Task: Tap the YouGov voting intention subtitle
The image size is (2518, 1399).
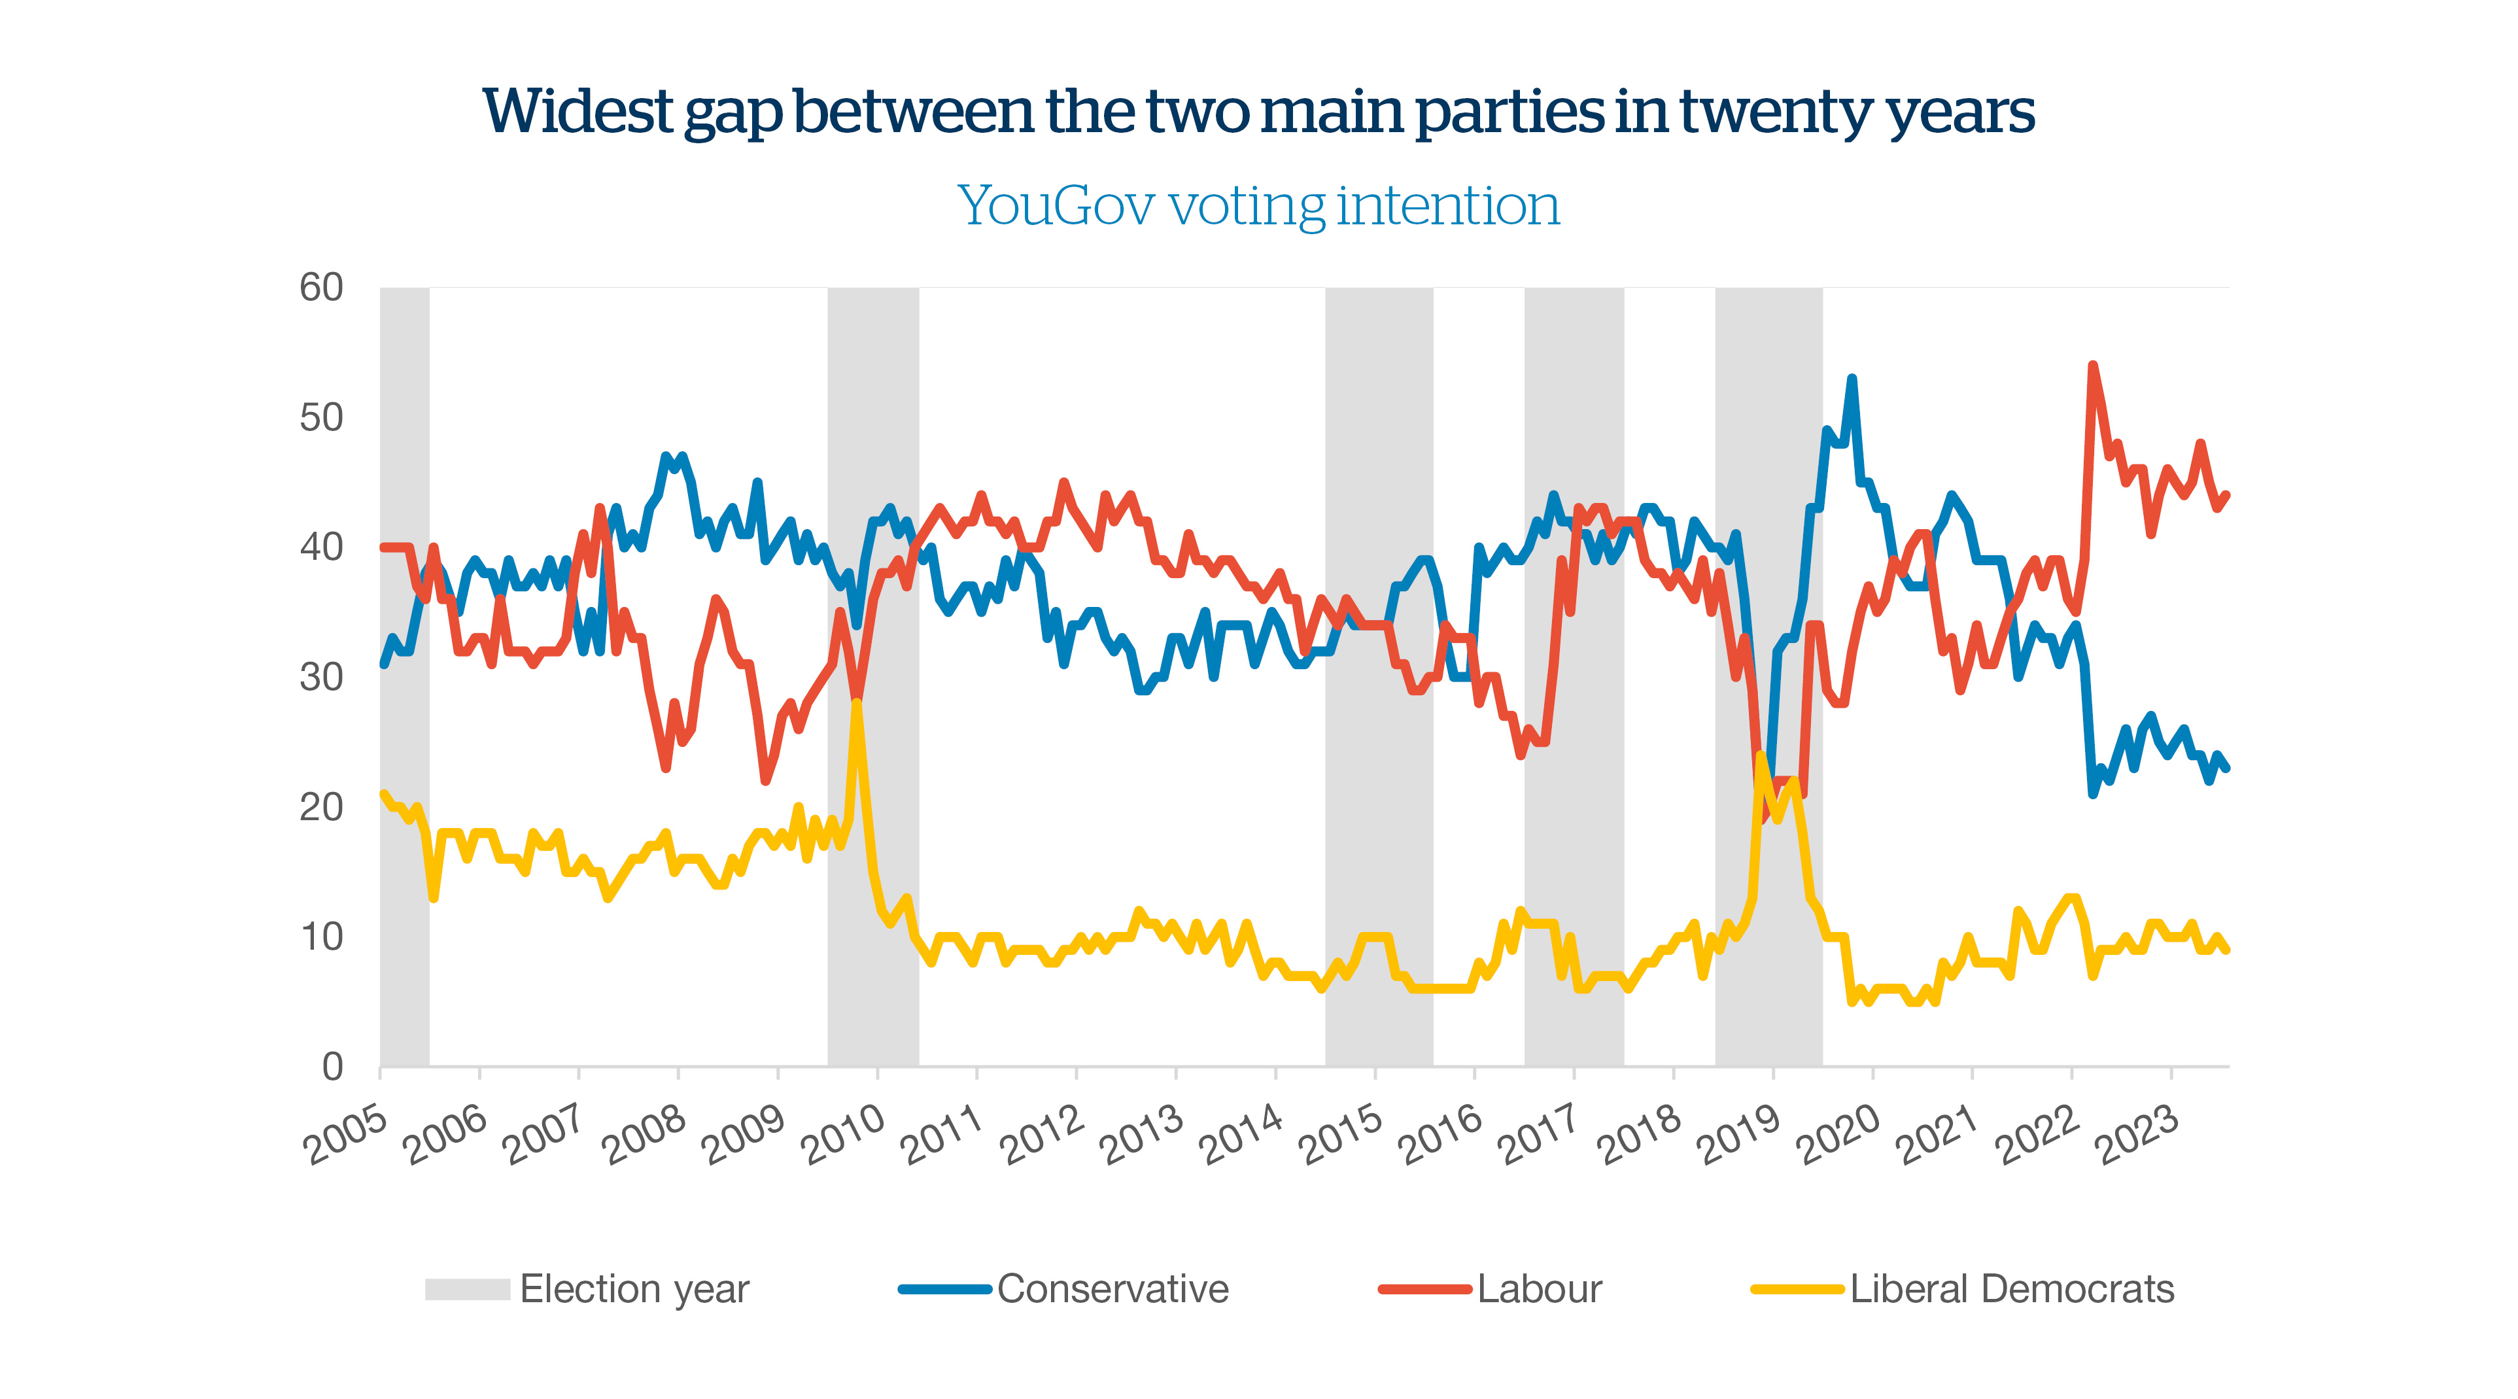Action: point(1258,206)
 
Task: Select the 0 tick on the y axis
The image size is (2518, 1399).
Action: point(332,1067)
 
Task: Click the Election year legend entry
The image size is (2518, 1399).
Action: point(633,1288)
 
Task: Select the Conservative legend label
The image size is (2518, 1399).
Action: point(1112,1288)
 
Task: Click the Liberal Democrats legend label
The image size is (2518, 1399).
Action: point(2012,1288)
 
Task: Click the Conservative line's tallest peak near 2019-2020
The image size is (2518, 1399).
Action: point(1852,379)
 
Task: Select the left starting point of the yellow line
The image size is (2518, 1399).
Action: point(383,794)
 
